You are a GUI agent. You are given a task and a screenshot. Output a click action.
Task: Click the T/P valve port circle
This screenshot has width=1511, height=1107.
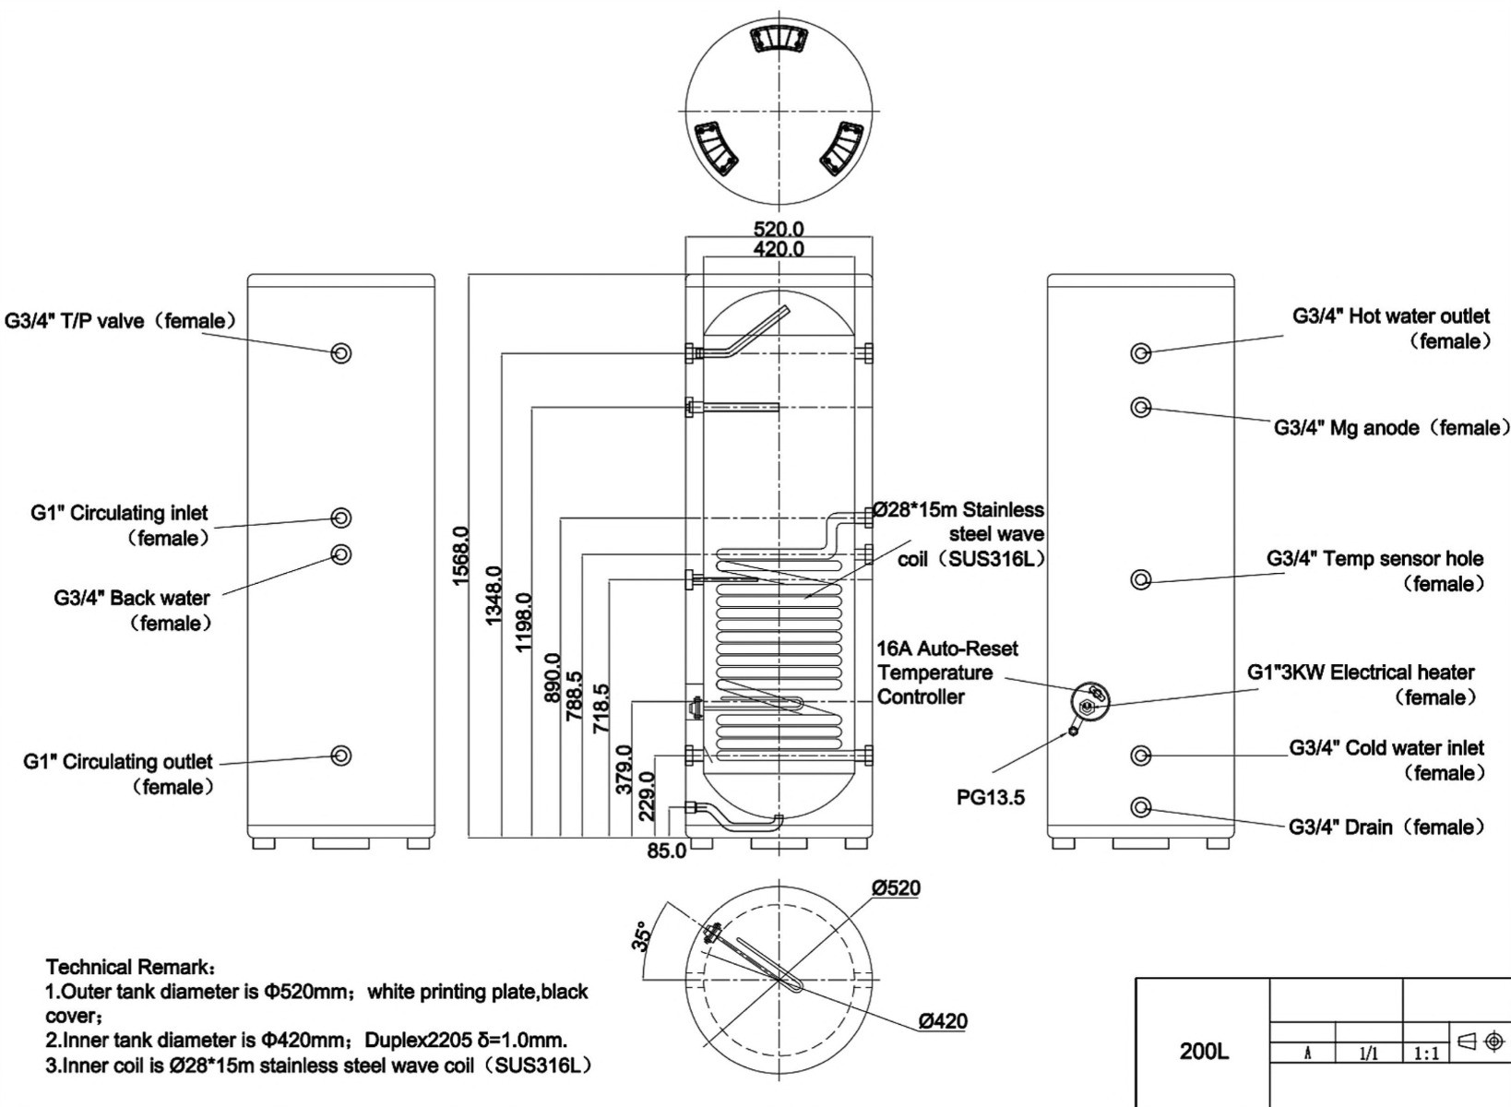point(341,352)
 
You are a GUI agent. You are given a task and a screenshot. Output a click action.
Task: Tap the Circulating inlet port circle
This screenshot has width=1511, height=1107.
point(341,518)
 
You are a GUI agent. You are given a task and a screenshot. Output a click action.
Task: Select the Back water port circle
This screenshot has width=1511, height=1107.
point(341,553)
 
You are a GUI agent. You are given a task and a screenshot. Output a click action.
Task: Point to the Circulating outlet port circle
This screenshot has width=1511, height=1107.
point(341,755)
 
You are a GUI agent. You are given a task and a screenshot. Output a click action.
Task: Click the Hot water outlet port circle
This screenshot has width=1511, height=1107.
point(1141,352)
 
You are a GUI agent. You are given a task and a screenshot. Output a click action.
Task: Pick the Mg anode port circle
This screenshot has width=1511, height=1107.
point(1141,408)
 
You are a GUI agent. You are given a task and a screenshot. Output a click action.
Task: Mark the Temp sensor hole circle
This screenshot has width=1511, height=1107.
point(1141,579)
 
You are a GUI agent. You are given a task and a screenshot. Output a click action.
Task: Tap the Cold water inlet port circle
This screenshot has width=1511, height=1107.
point(1141,755)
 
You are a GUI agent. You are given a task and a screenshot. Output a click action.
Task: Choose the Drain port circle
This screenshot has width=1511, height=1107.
point(1141,807)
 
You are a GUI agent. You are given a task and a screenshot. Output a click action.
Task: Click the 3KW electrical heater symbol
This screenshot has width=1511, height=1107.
point(1090,702)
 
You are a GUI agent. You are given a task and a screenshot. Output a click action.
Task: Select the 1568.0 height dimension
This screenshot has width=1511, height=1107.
point(460,556)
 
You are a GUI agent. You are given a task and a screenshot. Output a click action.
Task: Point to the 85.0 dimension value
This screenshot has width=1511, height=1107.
point(666,851)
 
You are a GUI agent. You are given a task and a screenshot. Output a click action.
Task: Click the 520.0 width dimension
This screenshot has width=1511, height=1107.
point(779,230)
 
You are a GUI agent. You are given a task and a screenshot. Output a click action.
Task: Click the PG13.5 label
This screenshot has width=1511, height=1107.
point(990,797)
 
